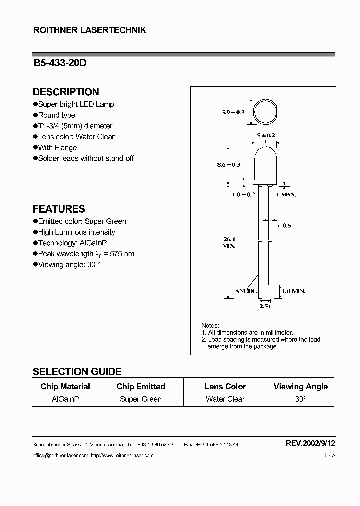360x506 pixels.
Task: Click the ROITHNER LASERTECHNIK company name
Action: point(89,30)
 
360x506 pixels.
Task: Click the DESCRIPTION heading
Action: point(66,92)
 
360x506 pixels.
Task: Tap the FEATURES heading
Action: point(59,209)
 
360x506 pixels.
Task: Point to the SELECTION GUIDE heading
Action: point(77,371)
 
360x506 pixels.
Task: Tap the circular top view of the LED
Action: point(265,112)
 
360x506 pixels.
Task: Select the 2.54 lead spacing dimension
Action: point(265,306)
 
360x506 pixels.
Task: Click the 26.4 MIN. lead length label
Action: point(229,242)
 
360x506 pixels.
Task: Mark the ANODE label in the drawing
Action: point(246,291)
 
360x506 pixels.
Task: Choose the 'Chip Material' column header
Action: point(65,386)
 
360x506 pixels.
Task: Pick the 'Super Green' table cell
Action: point(141,399)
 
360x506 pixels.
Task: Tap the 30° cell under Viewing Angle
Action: point(300,399)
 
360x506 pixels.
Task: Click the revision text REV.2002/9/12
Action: point(310,443)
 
